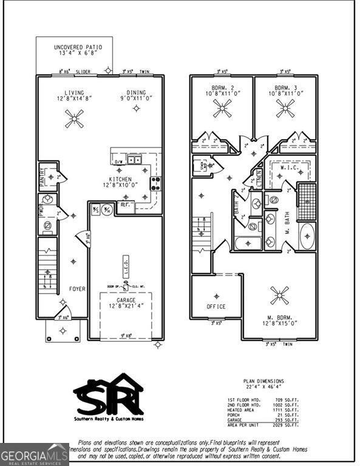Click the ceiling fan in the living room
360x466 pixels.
[x=75, y=118]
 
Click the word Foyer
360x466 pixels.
[x=76, y=289]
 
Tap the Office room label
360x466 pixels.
[x=216, y=306]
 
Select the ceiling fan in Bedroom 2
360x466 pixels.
[x=222, y=108]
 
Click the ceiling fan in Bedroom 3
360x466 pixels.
[x=285, y=108]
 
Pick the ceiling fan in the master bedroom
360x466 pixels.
[x=280, y=297]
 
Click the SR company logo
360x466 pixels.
[x=108, y=396]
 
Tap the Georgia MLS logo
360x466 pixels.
[x=34, y=454]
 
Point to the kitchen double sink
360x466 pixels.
[x=134, y=160]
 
